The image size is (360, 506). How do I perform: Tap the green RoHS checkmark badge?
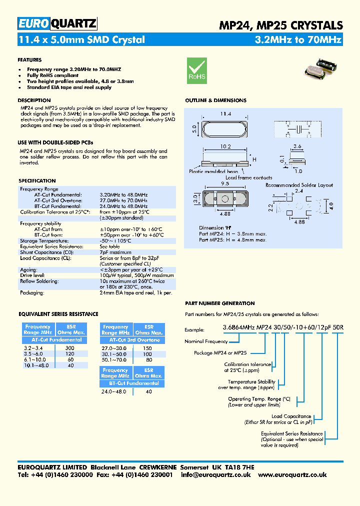pos(196,69)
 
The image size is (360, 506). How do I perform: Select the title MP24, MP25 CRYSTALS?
pos(281,25)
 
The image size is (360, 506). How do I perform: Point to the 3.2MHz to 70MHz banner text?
pos(298,40)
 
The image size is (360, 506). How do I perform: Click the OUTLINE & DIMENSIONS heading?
pos(215,100)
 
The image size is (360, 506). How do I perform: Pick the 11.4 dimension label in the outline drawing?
pos(221,114)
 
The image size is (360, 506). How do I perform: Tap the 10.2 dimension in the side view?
pos(225,147)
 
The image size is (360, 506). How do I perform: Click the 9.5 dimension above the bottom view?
pos(224,183)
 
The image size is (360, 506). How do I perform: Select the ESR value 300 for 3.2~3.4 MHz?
pos(69,347)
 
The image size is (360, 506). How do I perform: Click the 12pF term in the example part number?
pos(322,328)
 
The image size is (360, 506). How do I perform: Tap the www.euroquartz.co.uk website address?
pos(293,474)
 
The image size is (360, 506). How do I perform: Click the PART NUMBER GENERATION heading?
pos(219,303)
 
